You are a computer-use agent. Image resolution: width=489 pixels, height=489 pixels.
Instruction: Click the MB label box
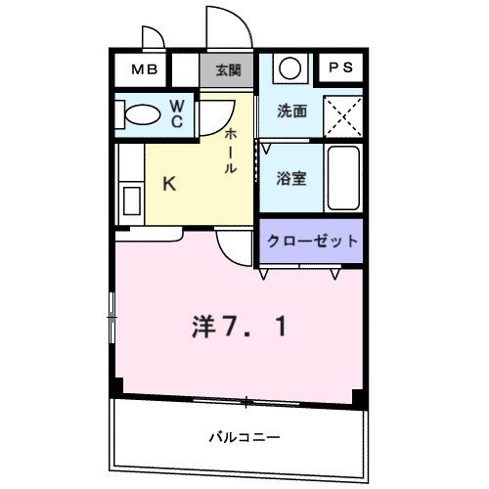[x=143, y=69]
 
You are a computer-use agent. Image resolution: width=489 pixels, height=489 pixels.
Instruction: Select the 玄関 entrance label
[x=229, y=69]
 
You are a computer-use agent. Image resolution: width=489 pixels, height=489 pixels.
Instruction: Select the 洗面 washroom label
[x=292, y=111]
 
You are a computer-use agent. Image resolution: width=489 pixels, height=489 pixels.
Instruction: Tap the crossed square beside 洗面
[x=342, y=113]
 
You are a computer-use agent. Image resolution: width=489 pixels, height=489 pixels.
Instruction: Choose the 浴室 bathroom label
[x=292, y=178]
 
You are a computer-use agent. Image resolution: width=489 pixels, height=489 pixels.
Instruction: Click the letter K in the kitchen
[x=168, y=183]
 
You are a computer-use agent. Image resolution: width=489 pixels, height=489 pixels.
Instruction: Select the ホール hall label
[x=231, y=151]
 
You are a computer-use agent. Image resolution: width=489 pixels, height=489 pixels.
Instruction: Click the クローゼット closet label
[x=310, y=241]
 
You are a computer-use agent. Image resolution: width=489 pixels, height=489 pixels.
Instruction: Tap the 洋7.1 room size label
[x=240, y=326]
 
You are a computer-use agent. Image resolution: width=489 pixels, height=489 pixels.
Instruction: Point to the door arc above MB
[x=155, y=37]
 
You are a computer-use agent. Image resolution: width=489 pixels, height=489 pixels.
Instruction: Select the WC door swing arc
[x=210, y=123]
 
